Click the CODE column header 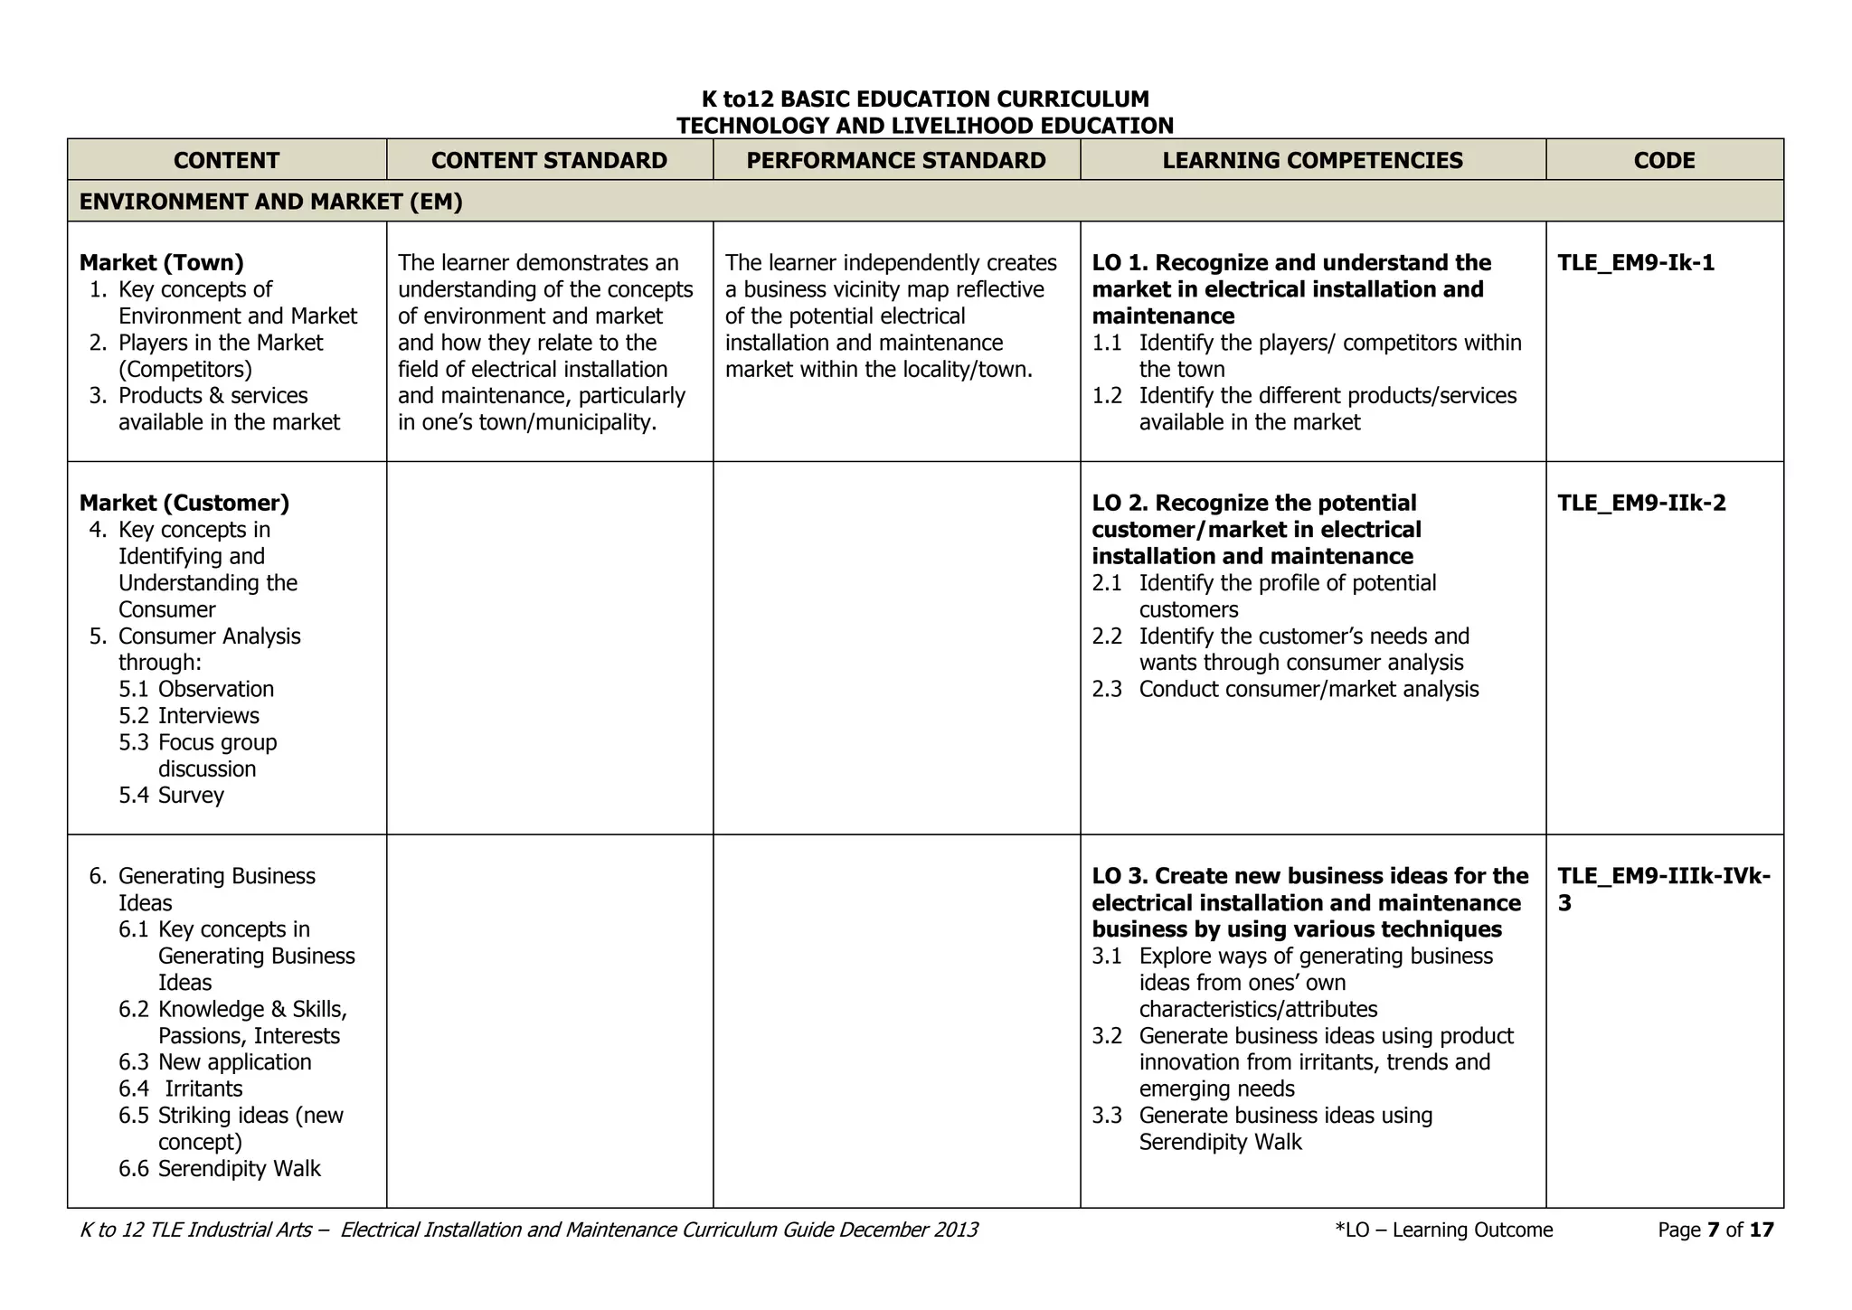pos(1664,160)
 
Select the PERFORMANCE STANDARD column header pos(895,160)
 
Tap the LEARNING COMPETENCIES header pos(1312,160)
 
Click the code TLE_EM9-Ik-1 pos(1635,263)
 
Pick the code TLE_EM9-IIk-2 pos(1641,503)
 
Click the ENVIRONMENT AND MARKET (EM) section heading pos(270,202)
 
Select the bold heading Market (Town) pos(161,263)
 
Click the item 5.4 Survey pos(171,796)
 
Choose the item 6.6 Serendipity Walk pos(219,1169)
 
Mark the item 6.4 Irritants pos(181,1089)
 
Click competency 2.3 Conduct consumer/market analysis pos(1285,690)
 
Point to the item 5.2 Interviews pos(188,716)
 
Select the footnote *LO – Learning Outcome pos(1443,1230)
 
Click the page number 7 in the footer pos(1713,1230)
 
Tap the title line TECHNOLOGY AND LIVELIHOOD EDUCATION pos(924,126)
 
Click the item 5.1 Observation pos(195,690)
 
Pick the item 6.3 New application pos(214,1062)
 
